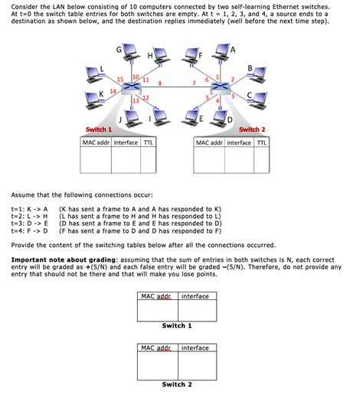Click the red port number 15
click(x=120, y=80)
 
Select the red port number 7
click(x=195, y=82)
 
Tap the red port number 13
click(x=136, y=100)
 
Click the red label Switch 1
click(x=99, y=129)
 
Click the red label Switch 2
click(x=252, y=129)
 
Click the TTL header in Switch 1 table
click(x=149, y=142)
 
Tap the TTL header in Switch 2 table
click(x=261, y=142)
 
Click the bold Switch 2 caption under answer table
click(x=177, y=384)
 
